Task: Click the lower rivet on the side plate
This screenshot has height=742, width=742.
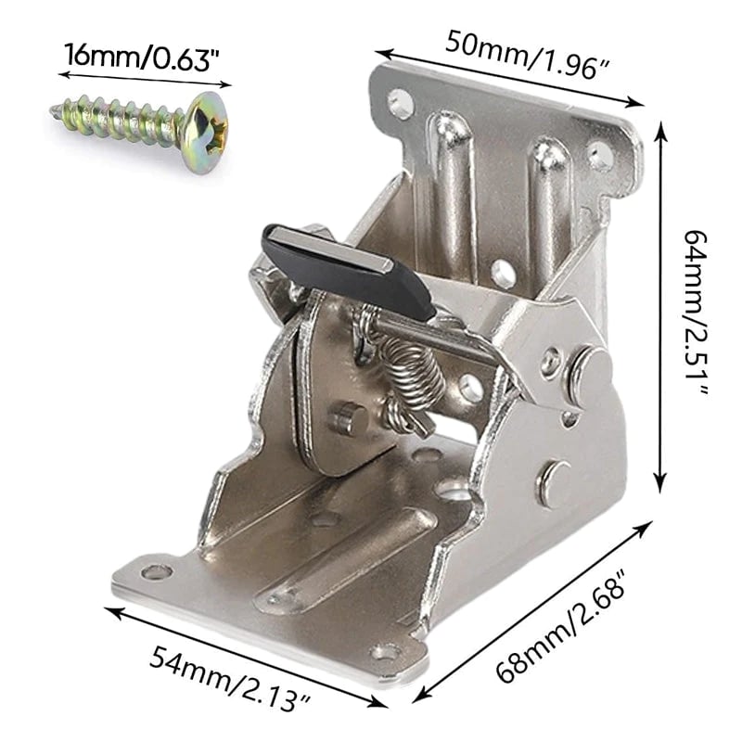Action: coord(554,483)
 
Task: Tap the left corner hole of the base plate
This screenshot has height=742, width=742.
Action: coord(156,572)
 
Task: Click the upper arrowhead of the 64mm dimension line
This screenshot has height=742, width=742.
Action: coord(659,130)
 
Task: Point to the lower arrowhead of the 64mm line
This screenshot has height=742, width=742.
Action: coord(659,486)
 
